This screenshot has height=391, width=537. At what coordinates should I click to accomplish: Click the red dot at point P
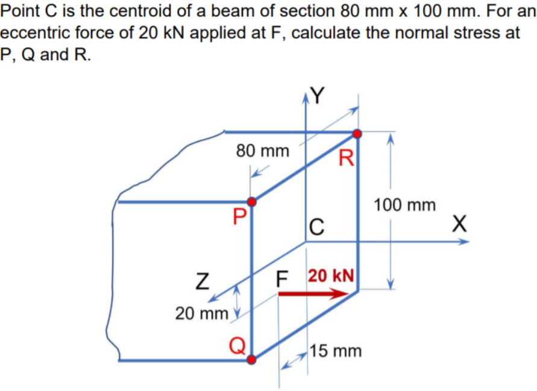252,201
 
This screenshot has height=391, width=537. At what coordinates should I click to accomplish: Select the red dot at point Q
252,360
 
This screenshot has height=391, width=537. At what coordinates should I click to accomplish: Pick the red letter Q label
237,346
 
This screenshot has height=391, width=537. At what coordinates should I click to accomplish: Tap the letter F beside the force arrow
281,279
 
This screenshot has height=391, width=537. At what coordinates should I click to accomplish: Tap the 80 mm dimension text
262,151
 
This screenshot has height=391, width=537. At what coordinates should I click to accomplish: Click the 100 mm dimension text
404,205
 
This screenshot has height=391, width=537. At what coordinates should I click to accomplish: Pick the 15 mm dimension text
336,350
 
